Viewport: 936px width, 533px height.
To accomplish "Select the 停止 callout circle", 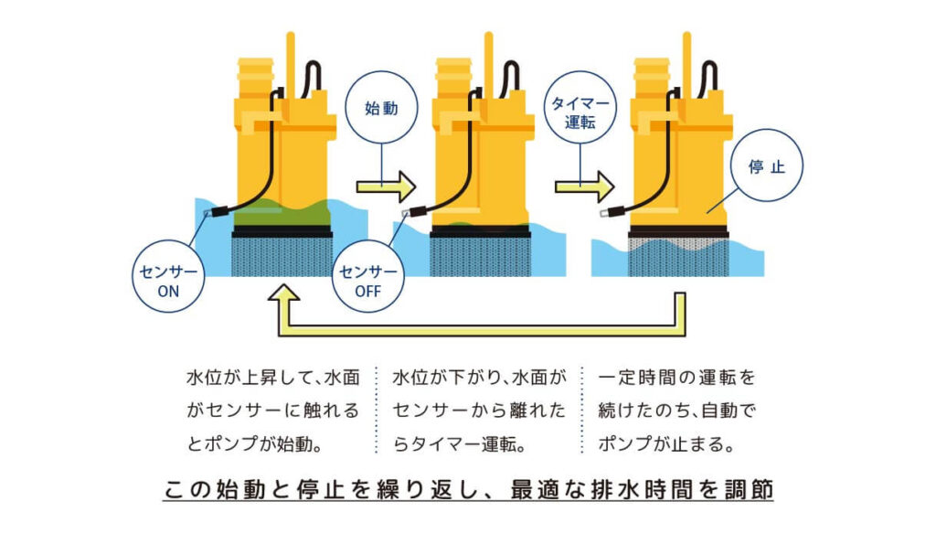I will pos(767,168).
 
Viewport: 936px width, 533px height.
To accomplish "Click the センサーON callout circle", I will pos(168,280).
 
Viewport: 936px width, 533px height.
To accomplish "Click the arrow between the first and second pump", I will pos(385,187).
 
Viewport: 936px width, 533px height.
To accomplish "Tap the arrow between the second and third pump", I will pos(584,187).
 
